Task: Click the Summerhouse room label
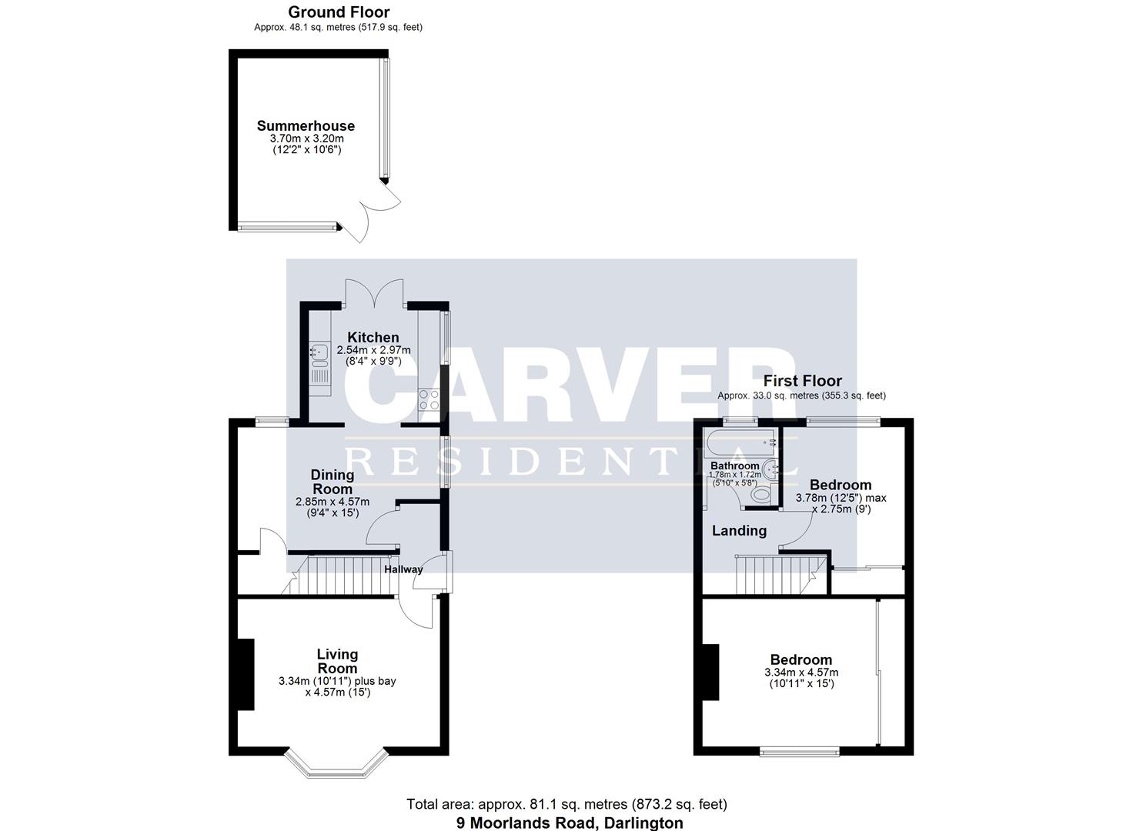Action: (x=306, y=125)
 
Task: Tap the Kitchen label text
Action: (x=373, y=337)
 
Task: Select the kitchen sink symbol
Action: (x=319, y=354)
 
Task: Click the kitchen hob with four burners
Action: (x=429, y=399)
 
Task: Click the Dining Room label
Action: (x=333, y=482)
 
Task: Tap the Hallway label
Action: (x=403, y=569)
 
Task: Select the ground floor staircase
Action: (x=343, y=576)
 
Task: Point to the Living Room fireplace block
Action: (x=246, y=675)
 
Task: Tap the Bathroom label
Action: (x=734, y=466)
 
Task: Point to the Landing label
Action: (x=739, y=530)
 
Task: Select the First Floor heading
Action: (x=802, y=380)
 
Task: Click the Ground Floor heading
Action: (x=339, y=12)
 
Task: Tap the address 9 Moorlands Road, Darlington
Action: (x=570, y=823)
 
